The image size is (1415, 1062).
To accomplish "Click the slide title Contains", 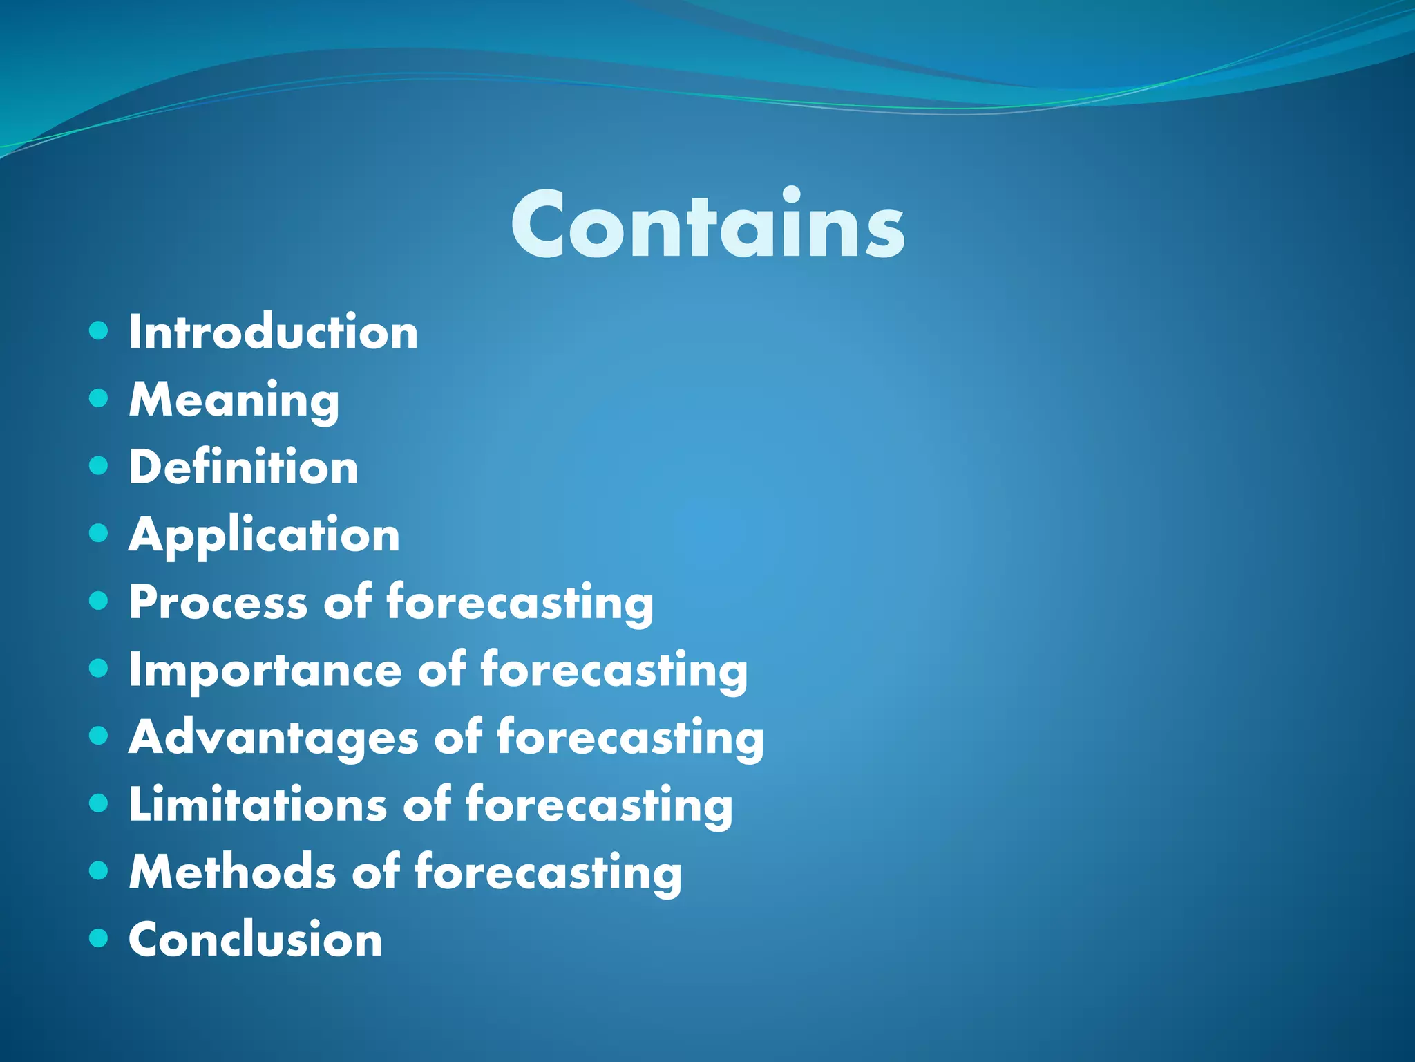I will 707,225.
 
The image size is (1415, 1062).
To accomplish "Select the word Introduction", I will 274,333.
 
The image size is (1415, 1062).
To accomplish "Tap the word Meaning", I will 234,400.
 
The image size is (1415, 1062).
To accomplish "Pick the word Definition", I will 243,467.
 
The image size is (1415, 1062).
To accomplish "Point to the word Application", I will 264,536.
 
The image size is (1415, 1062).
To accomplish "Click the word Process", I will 218,602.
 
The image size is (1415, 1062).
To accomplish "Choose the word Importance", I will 265,670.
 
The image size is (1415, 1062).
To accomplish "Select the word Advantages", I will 273,737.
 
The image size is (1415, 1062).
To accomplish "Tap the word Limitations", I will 258,805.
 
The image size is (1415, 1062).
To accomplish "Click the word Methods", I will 231,872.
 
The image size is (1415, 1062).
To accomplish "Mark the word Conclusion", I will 255,940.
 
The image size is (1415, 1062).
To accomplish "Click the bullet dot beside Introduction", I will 99,330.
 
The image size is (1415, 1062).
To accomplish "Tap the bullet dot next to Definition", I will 99,465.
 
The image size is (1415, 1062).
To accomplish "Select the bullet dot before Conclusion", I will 99,938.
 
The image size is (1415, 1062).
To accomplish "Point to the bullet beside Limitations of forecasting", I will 99,803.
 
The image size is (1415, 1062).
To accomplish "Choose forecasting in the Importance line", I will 614,671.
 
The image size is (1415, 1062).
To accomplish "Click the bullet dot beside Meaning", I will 99,398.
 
